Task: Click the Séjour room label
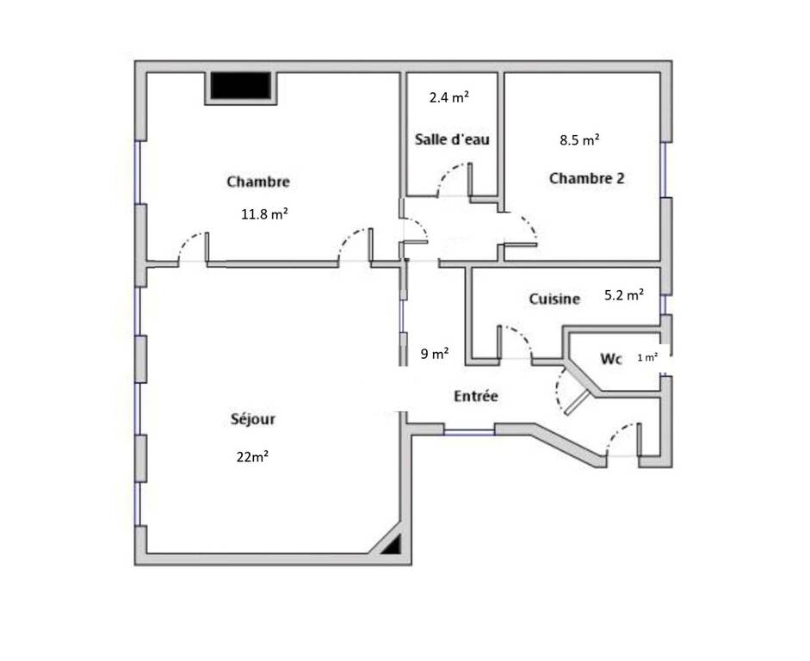(252, 419)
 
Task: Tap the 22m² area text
(252, 456)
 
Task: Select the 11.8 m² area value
(264, 213)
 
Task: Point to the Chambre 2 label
(586, 178)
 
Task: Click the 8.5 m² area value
(579, 140)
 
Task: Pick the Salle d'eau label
(452, 139)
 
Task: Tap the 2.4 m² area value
(449, 97)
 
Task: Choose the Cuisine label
(554, 299)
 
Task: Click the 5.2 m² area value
(624, 295)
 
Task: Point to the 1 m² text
(648, 357)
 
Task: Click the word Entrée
(476, 396)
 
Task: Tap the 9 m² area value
(435, 354)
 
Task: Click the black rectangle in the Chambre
(240, 86)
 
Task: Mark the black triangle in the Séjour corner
(392, 546)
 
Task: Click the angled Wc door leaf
(578, 403)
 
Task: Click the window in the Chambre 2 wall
(665, 169)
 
